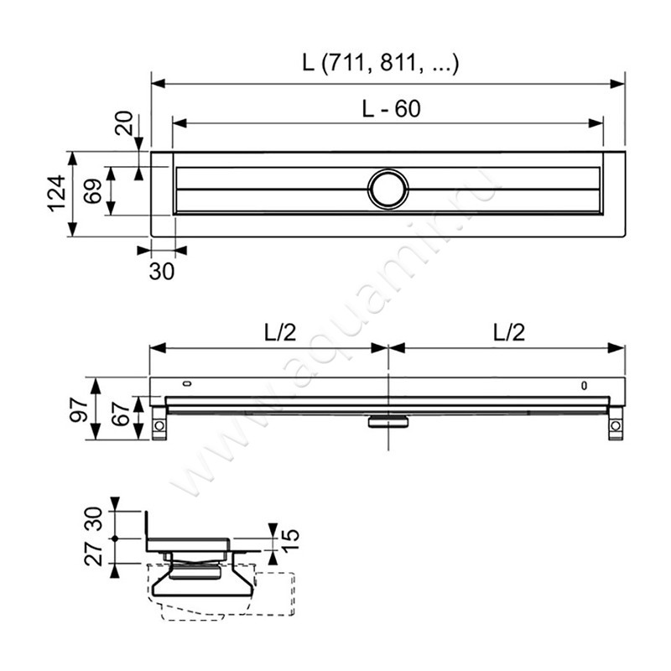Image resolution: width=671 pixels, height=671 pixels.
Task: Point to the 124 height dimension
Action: [55, 194]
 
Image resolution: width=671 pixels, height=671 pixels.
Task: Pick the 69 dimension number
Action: [92, 191]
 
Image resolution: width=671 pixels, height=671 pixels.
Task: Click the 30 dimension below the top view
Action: [162, 271]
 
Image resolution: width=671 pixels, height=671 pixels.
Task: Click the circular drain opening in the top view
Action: [388, 189]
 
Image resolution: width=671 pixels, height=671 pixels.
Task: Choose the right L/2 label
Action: [507, 332]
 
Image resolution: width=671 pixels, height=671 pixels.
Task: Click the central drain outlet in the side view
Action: [388, 422]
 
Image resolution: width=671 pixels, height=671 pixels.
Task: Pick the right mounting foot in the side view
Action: [616, 424]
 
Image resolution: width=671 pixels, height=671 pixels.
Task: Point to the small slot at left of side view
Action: [185, 385]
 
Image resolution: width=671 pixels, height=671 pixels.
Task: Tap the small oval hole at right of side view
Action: [585, 386]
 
